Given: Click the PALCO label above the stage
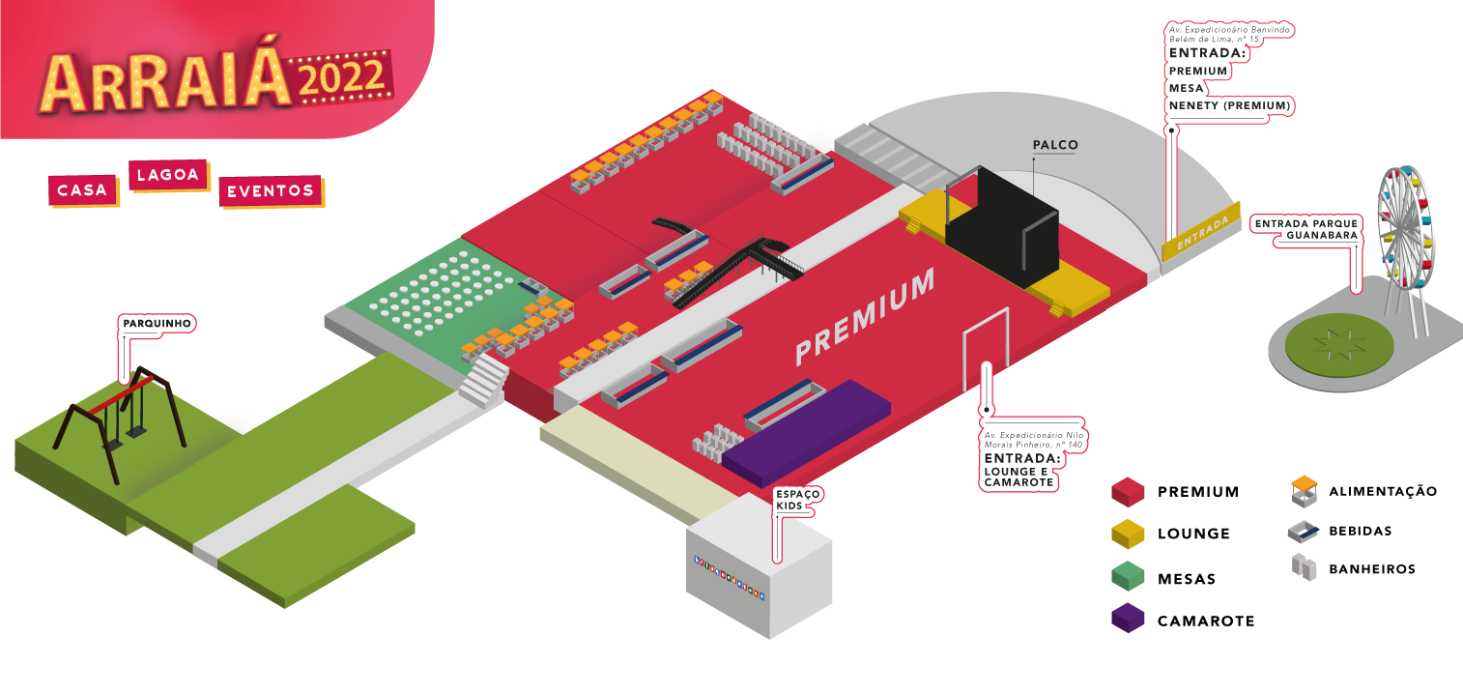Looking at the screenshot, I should pyautogui.click(x=1055, y=146).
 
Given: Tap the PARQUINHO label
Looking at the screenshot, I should pyautogui.click(x=158, y=322).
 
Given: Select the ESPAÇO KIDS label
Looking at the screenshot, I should pyautogui.click(x=797, y=499).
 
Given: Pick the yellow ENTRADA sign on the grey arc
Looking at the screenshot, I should pyautogui.click(x=1201, y=233).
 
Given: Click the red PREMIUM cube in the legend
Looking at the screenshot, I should pyautogui.click(x=1128, y=492).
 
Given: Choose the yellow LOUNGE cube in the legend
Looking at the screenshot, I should pyautogui.click(x=1128, y=534).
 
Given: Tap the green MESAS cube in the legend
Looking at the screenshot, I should pyautogui.click(x=1128, y=577).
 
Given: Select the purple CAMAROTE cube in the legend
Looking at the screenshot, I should pyautogui.click(x=1128, y=619).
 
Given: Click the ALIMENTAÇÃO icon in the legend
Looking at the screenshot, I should pyautogui.click(x=1305, y=491).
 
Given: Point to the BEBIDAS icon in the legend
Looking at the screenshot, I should pyautogui.click(x=1305, y=531).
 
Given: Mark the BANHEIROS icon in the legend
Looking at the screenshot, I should pyautogui.click(x=1305, y=568).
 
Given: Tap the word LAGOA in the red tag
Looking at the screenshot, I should pyautogui.click(x=168, y=175).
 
